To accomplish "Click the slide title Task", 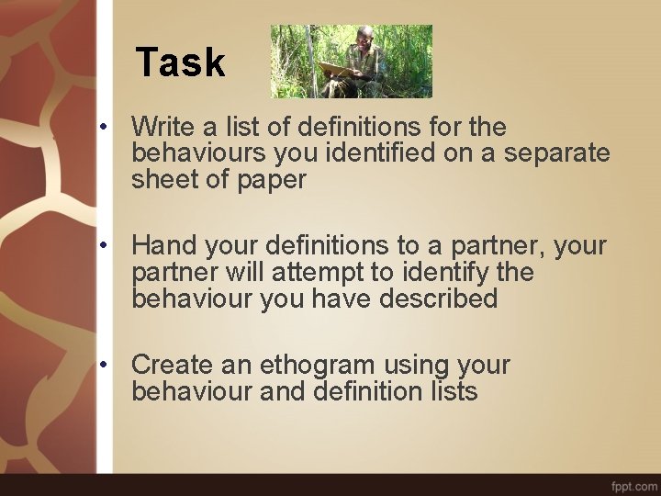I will [x=180, y=62].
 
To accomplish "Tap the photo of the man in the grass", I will [x=352, y=62].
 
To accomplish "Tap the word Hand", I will [x=166, y=245].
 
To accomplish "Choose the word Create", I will [x=176, y=365].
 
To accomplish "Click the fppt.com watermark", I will [x=633, y=484].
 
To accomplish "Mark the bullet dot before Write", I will [x=106, y=127].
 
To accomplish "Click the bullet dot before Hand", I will [x=106, y=246].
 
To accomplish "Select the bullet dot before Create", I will [x=106, y=366].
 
